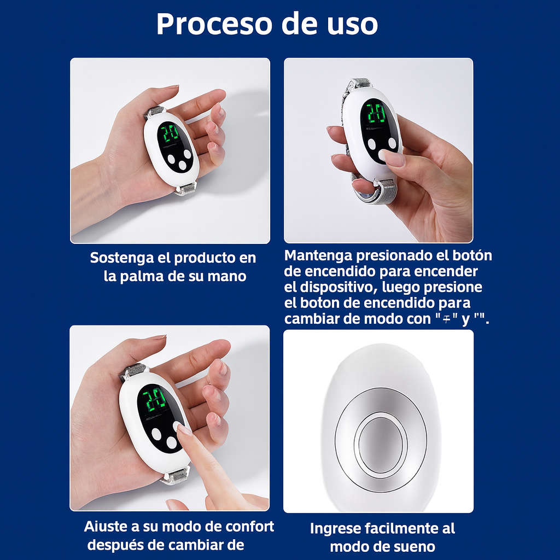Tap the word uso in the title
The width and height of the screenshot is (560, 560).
click(x=351, y=24)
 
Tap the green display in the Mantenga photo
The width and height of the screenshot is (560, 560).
click(x=375, y=114)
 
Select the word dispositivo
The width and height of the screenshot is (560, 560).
click(x=336, y=287)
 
